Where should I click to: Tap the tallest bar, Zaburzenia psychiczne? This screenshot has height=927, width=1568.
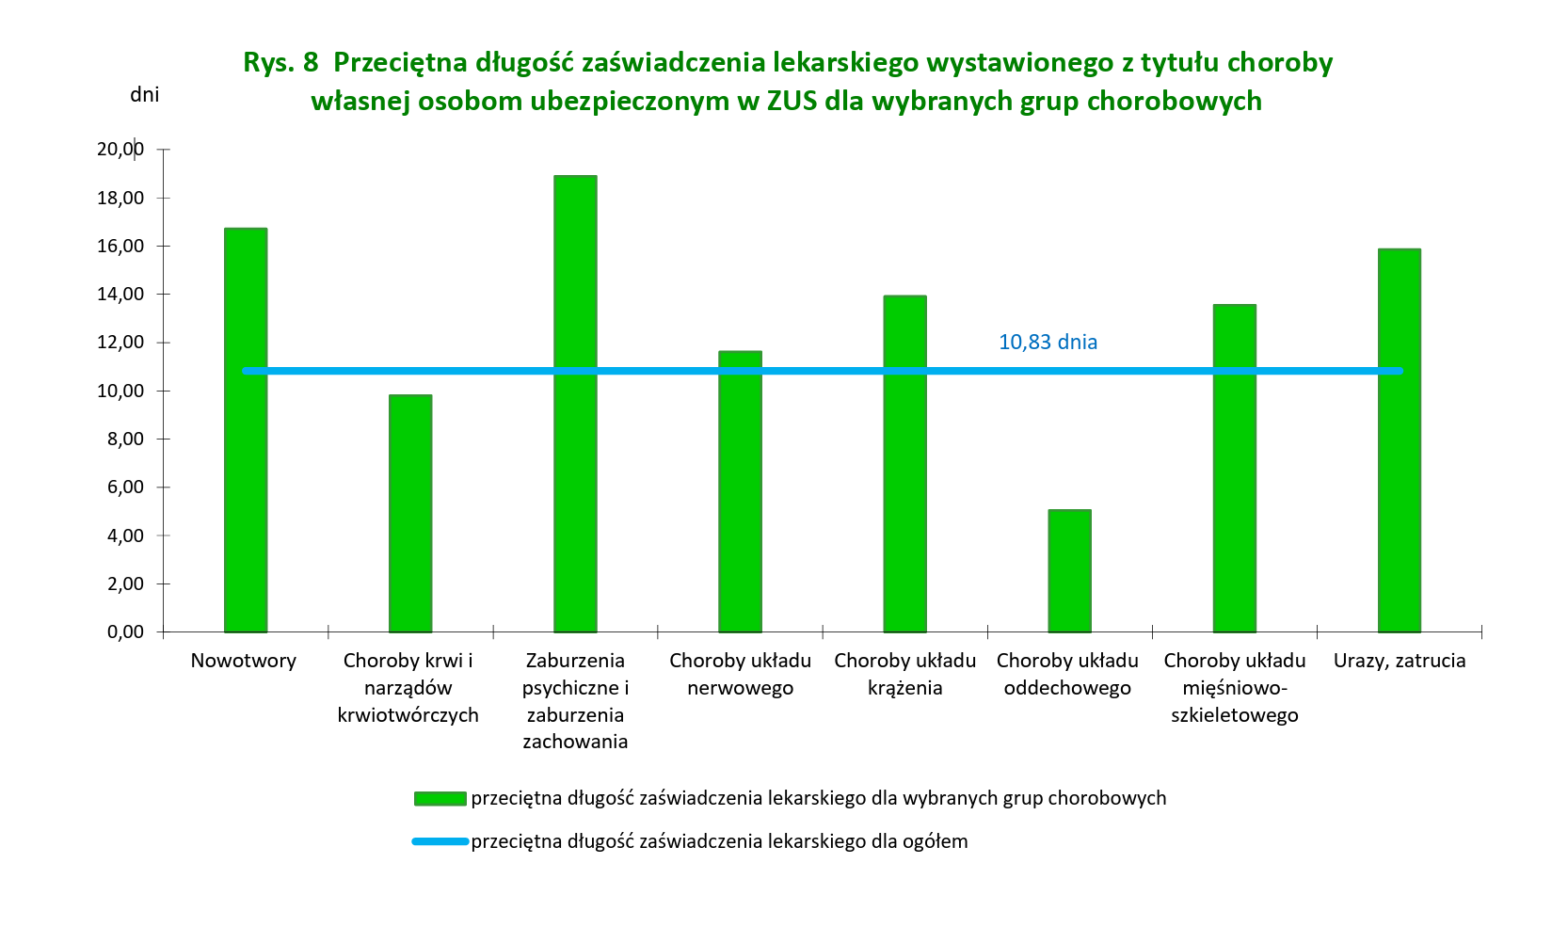(575, 404)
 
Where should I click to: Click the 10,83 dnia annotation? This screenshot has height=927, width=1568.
(1048, 342)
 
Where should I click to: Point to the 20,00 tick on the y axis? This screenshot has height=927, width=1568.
(120, 149)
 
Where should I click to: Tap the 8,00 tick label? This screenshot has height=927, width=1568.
(125, 439)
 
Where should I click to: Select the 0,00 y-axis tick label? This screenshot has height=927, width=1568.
(125, 631)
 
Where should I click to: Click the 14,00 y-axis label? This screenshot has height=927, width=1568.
(120, 294)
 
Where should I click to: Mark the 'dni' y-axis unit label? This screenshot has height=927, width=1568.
(144, 94)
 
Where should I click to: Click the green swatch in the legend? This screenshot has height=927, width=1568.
(440, 799)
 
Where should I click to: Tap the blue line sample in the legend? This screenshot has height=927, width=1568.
(440, 841)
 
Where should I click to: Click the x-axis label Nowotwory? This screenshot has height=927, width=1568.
(243, 661)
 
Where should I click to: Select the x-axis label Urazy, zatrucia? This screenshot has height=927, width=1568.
(1399, 661)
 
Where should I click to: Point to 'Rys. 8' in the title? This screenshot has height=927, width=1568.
(280, 62)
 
